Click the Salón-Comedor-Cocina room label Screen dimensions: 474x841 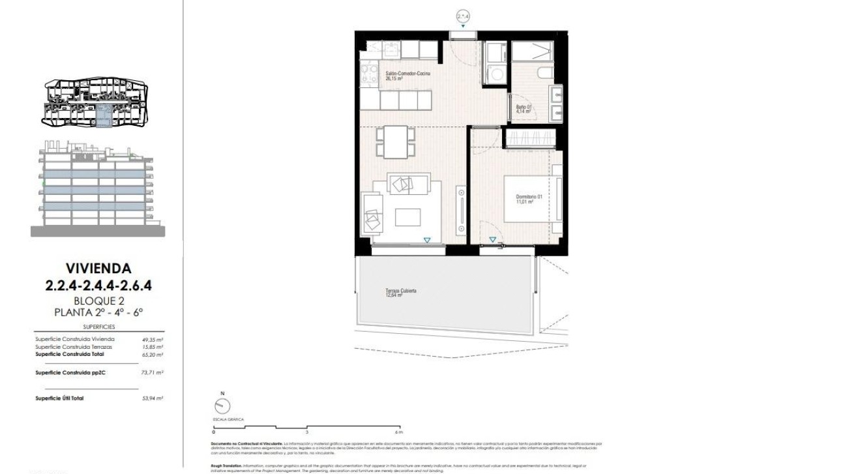click(408, 76)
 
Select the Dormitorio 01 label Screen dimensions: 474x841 click(529, 199)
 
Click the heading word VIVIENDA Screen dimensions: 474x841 click(98, 268)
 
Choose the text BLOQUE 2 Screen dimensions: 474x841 click(99, 301)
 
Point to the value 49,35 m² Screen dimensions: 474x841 click(152, 339)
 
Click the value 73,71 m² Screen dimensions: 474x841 click(152, 373)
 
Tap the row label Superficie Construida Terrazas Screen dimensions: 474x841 click(75, 347)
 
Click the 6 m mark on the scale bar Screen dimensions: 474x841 click(399, 432)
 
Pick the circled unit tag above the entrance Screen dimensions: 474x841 click(463, 16)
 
